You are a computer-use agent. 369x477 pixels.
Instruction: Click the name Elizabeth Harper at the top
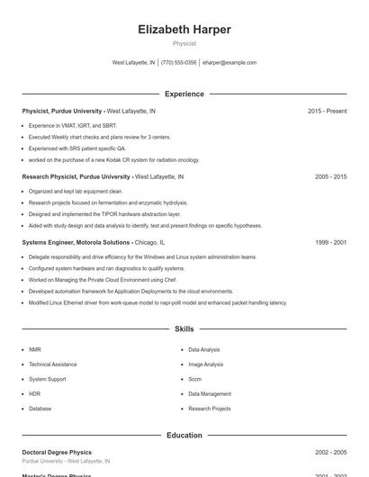point(184,29)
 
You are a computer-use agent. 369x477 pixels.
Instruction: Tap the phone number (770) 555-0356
point(179,63)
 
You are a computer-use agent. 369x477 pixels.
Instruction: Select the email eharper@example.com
point(229,63)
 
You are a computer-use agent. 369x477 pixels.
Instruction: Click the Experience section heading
point(184,94)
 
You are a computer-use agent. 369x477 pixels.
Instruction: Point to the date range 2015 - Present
point(327,111)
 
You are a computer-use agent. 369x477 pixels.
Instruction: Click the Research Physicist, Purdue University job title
point(76,177)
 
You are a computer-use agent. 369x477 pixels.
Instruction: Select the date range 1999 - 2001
point(330,242)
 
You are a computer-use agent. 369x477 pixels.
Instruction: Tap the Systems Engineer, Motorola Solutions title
point(76,242)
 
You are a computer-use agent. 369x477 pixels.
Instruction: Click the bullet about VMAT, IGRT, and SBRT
point(72,125)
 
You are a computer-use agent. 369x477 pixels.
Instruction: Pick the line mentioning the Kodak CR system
point(113,159)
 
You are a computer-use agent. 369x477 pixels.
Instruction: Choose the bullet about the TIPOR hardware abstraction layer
point(104,214)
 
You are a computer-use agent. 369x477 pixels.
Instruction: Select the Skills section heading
point(184,329)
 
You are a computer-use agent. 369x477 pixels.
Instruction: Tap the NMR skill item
point(34,349)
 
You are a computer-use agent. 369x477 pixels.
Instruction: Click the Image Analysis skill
point(205,364)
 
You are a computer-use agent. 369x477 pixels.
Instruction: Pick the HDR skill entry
point(34,393)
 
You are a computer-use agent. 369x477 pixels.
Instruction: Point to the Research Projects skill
point(209,409)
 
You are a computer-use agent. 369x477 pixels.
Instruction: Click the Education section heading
point(184,436)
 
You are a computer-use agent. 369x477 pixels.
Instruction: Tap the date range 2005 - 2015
point(330,177)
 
